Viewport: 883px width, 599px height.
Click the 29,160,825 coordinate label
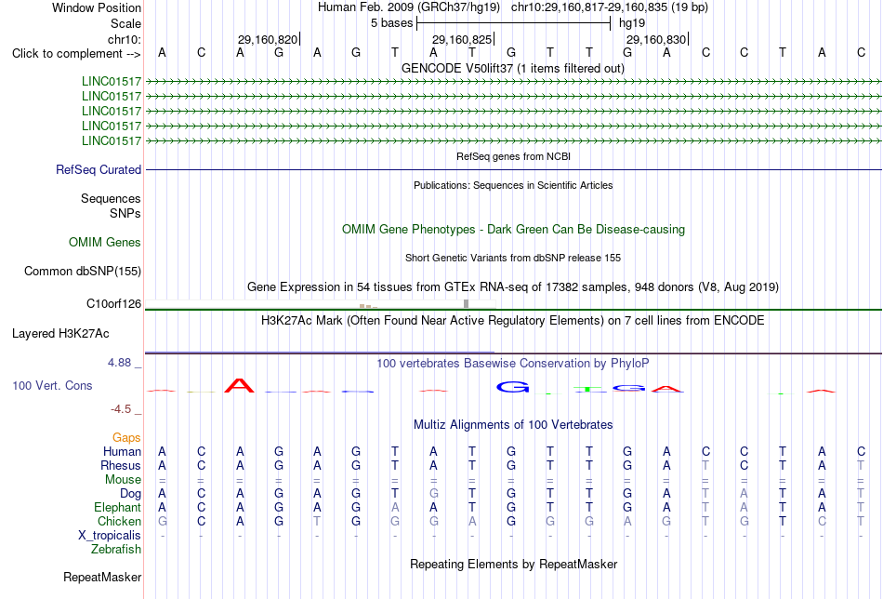pyautogui.click(x=462, y=39)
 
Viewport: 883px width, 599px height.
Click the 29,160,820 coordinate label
pyautogui.click(x=268, y=39)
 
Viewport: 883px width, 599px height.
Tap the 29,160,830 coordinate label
pyautogui.click(x=656, y=39)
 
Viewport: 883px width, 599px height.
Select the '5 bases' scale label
pyautogui.click(x=392, y=23)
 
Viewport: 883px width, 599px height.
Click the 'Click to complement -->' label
pyautogui.click(x=76, y=54)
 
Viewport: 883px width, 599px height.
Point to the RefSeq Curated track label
pyautogui.click(x=99, y=169)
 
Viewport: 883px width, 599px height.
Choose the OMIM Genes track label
pyautogui.click(x=105, y=243)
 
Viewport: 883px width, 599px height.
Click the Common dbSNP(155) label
pyautogui.click(x=83, y=271)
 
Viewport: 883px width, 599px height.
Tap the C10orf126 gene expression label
pyautogui.click(x=113, y=304)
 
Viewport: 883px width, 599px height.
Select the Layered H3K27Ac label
pyautogui.click(x=60, y=334)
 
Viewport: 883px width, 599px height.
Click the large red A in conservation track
pyautogui.click(x=239, y=385)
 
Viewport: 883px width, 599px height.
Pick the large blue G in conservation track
pyautogui.click(x=512, y=387)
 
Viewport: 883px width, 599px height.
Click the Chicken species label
pyautogui.click(x=119, y=521)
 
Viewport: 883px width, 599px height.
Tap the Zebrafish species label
pyautogui.click(x=116, y=549)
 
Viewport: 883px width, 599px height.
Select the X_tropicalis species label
pyautogui.click(x=110, y=536)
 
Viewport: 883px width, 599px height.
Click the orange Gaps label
pyautogui.click(x=126, y=438)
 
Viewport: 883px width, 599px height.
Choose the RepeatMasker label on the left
pyautogui.click(x=102, y=577)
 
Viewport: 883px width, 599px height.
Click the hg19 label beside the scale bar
pyautogui.click(x=632, y=23)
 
